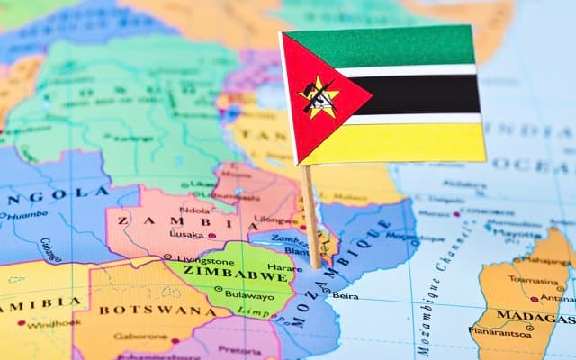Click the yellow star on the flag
click(320, 97)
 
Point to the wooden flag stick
click(310, 216)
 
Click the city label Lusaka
click(186, 235)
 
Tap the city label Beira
click(345, 295)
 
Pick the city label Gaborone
click(140, 337)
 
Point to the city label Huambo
click(27, 215)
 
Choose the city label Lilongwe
click(273, 219)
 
